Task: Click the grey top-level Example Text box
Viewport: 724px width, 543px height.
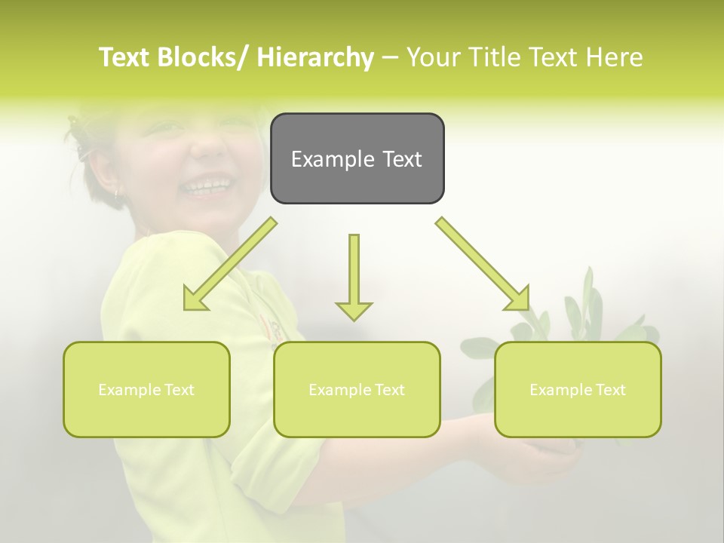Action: pos(357,158)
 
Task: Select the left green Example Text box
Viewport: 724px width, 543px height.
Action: pos(146,389)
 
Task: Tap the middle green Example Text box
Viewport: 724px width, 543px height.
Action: pos(357,389)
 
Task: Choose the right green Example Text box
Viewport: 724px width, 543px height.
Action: pos(578,389)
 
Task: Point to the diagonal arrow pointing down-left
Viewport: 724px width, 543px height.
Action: pos(230,264)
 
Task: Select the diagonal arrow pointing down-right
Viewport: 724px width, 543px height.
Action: pos(483,264)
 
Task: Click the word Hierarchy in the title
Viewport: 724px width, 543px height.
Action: pos(315,57)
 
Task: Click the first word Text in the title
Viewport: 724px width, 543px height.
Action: pos(124,57)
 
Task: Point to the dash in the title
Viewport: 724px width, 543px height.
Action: pos(390,58)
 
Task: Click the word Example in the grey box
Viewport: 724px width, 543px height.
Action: pos(327,159)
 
